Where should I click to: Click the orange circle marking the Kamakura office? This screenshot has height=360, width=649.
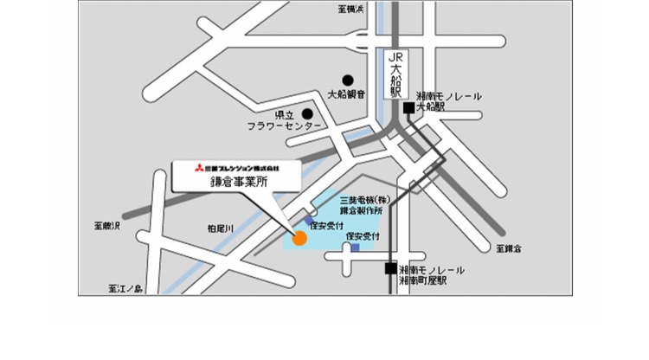[x=299, y=239]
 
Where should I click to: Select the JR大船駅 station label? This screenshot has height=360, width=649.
[x=395, y=73]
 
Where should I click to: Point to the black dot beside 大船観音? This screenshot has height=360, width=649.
[x=348, y=80]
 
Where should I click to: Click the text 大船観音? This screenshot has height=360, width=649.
[x=348, y=94]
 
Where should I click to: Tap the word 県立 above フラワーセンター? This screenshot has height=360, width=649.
[x=284, y=114]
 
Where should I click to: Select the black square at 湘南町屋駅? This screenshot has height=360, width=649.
[x=391, y=269]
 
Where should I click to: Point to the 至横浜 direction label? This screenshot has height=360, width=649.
[x=350, y=10]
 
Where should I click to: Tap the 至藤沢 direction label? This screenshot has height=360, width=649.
[x=107, y=226]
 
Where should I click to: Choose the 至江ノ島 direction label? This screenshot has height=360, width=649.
[x=125, y=287]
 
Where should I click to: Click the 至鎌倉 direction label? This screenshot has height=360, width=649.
[x=509, y=249]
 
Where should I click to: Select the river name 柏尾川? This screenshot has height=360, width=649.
[x=221, y=228]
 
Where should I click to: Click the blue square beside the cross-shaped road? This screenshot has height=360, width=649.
[x=355, y=247]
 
